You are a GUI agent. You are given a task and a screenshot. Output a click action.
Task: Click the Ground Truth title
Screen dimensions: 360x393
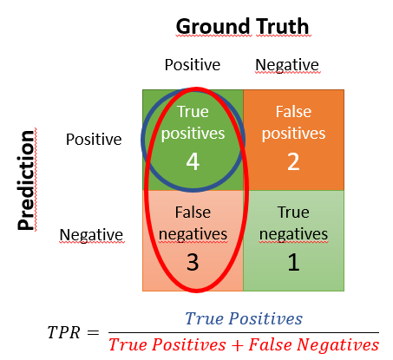click(x=242, y=26)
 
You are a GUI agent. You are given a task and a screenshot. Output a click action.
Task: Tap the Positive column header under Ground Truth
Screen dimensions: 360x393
click(x=191, y=65)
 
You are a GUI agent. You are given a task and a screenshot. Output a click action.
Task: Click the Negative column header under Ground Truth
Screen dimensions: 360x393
click(x=287, y=65)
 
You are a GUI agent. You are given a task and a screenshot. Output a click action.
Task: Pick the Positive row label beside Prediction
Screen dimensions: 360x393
click(x=94, y=139)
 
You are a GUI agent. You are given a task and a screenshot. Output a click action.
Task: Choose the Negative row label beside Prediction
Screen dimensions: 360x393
click(x=91, y=234)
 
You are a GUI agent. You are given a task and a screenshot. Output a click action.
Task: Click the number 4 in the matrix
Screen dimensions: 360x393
click(x=193, y=161)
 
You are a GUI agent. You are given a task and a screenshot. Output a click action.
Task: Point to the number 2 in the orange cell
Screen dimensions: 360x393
click(x=293, y=161)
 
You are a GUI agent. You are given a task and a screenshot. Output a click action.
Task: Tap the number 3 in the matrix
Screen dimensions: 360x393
click(x=193, y=260)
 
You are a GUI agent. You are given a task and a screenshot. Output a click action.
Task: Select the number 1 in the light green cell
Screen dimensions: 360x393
click(x=293, y=260)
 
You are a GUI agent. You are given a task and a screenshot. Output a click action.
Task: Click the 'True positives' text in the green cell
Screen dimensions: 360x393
click(x=193, y=123)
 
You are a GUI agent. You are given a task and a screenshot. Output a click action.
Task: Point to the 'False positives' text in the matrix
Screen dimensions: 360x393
click(x=293, y=123)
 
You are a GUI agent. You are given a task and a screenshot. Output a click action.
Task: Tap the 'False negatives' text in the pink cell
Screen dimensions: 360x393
click(x=193, y=223)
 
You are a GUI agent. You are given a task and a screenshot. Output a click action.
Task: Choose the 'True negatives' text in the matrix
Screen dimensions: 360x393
click(x=293, y=223)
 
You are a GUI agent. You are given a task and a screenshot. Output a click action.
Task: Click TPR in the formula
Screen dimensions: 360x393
click(x=63, y=333)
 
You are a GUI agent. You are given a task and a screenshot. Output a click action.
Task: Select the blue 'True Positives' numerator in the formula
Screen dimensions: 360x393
click(x=244, y=318)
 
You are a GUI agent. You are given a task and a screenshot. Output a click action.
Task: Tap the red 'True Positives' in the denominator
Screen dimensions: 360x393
click(x=167, y=345)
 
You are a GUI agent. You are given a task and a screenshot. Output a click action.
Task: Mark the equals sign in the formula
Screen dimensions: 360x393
click(x=94, y=333)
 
